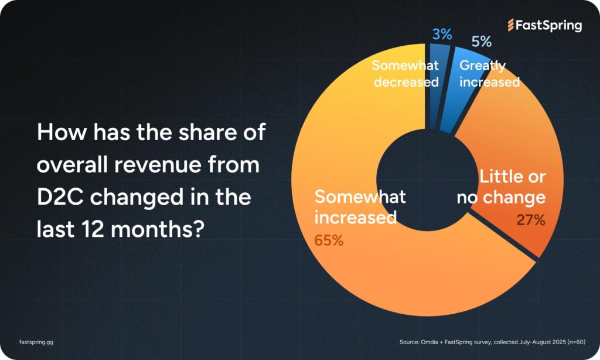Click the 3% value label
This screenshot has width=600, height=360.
pos(442,34)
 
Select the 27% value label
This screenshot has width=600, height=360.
pos(531,220)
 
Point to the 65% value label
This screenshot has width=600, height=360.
pos(329,240)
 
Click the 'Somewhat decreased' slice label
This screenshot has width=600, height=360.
pos(405,73)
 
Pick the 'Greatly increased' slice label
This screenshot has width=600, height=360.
pos(489,73)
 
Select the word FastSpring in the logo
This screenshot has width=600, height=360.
pos(549,25)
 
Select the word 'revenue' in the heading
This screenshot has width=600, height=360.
pos(166,165)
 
